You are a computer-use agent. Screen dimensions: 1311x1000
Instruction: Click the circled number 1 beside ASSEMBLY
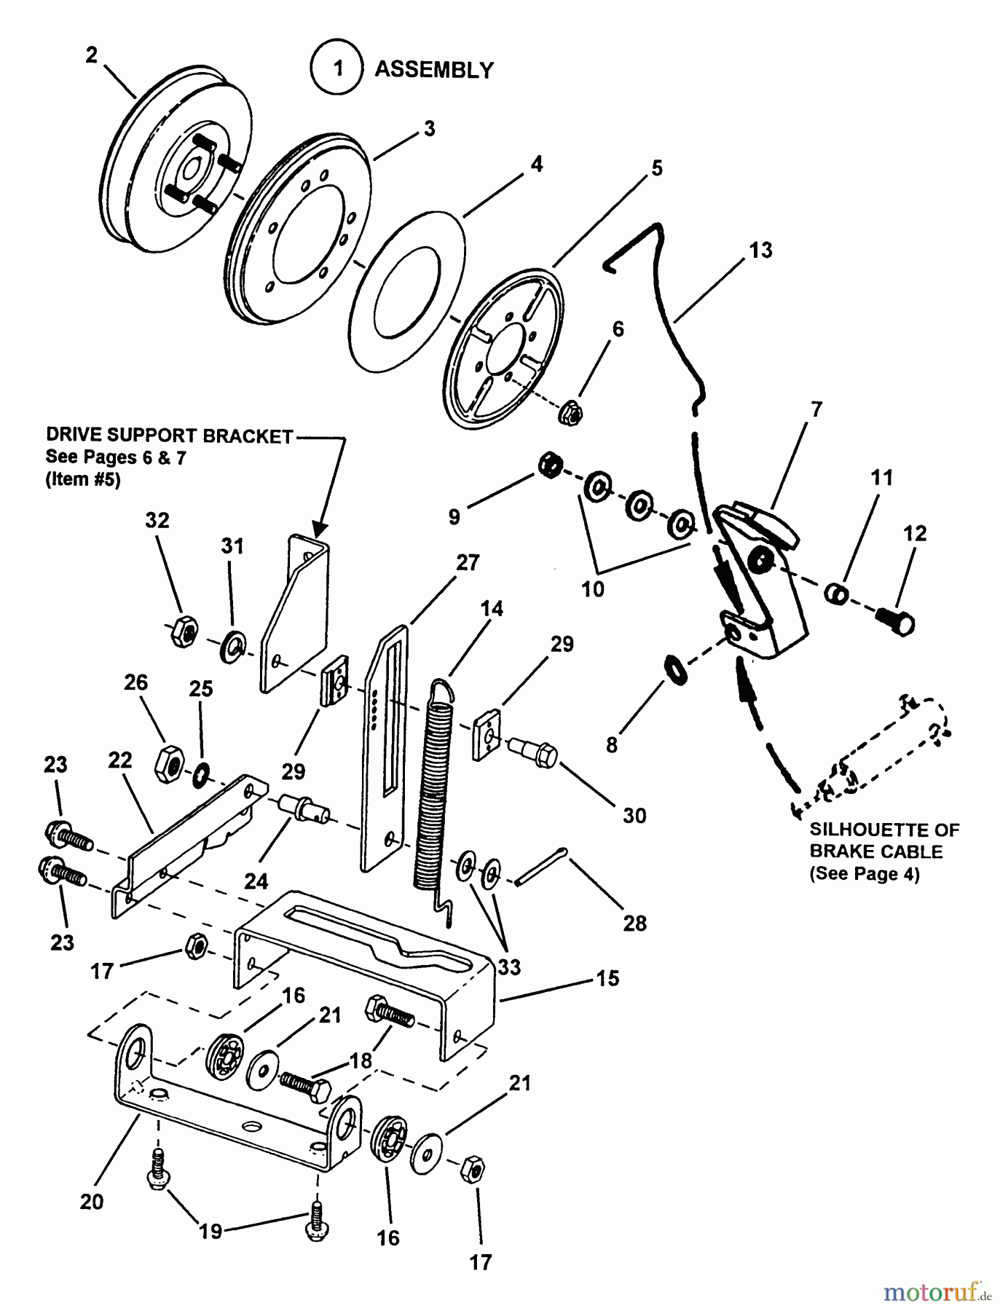pos(336,69)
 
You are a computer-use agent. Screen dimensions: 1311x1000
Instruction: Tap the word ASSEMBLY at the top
pos(434,70)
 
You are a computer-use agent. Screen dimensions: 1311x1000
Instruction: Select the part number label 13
pos(760,250)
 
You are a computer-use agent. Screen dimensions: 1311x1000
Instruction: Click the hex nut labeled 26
pos(168,765)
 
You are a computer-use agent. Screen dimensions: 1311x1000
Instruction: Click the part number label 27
pos(468,562)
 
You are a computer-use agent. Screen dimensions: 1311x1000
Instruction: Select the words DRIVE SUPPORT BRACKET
pos(169,436)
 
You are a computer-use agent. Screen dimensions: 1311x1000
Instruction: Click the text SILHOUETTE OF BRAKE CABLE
pos(884,840)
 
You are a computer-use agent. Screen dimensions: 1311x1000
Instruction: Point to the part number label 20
pos(92,1202)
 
